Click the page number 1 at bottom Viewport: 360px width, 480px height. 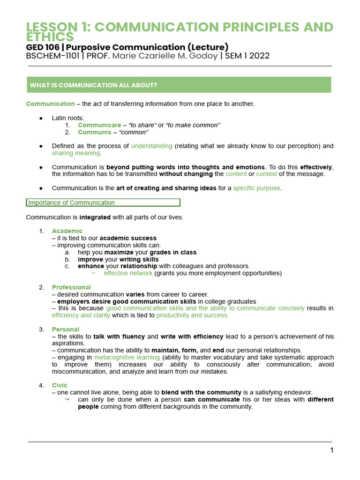coord(331,450)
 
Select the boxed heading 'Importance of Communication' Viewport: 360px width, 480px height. coord(103,202)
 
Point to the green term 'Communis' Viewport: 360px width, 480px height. coord(94,132)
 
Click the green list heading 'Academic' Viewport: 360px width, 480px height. coord(67,231)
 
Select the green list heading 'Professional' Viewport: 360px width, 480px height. coord(71,287)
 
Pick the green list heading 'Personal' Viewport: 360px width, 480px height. coord(66,330)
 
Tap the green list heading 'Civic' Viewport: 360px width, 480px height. coord(60,385)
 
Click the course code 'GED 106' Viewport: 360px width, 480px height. coord(42,47)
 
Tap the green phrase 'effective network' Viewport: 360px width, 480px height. coord(128,273)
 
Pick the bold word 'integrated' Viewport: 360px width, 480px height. coord(95,217)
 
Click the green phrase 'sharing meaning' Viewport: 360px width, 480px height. coord(75,153)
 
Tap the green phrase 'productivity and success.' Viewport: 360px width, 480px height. coord(193,315)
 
